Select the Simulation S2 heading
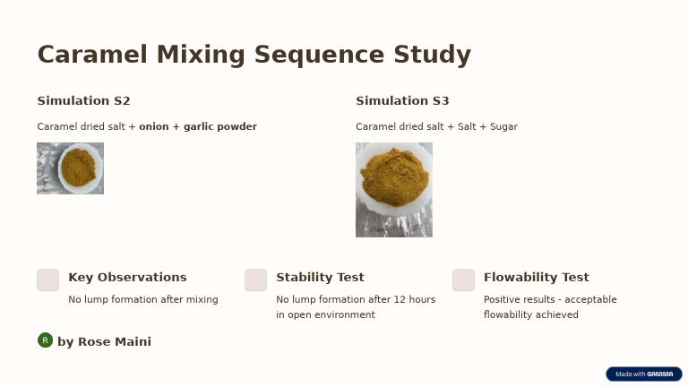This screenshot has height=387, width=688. tap(83, 101)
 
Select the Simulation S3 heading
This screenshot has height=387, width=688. tap(402, 101)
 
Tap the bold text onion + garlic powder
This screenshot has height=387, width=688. tap(198, 127)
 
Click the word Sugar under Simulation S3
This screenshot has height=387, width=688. tap(503, 127)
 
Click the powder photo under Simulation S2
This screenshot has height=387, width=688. tap(70, 168)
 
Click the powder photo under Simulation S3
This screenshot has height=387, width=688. tap(394, 190)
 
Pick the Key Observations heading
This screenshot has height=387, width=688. tap(127, 278)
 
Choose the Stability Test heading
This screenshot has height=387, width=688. tap(320, 278)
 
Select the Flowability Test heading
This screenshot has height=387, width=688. tap(536, 278)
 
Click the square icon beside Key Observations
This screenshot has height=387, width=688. tap(48, 280)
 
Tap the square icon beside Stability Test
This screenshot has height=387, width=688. tap(256, 280)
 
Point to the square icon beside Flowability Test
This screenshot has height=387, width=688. tap(463, 280)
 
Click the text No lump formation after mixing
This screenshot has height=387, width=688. tap(143, 300)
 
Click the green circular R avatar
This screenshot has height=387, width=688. tap(45, 340)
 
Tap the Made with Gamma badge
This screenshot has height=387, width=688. tap(643, 374)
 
